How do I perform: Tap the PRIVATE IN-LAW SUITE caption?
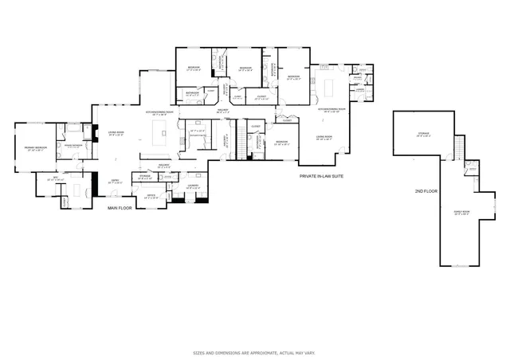321,174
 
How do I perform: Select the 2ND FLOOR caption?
425,192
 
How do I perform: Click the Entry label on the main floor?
116,182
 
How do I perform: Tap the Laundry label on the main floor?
192,186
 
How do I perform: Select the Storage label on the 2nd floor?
423,134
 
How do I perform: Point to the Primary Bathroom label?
74,145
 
